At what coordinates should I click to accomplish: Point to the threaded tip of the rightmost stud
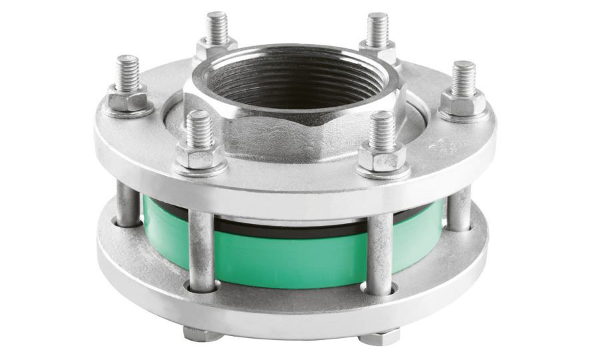pyautogui.click(x=463, y=76)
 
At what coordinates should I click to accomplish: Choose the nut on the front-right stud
pyautogui.click(x=382, y=159)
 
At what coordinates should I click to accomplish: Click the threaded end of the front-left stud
pyautogui.click(x=199, y=128)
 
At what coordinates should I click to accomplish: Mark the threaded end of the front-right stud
pyautogui.click(x=382, y=129)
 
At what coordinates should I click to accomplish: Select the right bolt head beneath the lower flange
pyautogui.click(x=380, y=337)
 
